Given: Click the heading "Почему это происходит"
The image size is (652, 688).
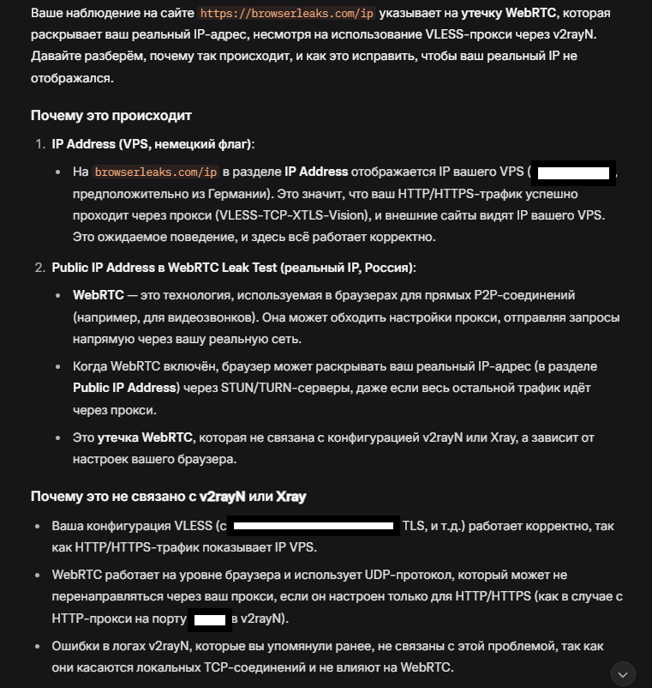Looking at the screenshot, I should (111, 116).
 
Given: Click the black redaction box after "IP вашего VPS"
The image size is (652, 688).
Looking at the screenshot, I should (572, 172).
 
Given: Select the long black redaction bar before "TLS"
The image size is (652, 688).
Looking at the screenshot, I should (315, 526).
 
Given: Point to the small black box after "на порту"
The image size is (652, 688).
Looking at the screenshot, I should (211, 619).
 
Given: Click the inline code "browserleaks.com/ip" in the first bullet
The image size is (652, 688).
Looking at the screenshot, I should (157, 172).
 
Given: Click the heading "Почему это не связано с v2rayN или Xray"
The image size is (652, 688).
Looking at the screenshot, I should (169, 497).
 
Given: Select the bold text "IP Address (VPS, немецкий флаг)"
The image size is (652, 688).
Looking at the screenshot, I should (153, 144).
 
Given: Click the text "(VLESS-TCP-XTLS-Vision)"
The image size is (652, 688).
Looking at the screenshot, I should (285, 215).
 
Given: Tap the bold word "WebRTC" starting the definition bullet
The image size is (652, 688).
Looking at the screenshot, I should (98, 295).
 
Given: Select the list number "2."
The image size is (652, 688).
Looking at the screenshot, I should (39, 269).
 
